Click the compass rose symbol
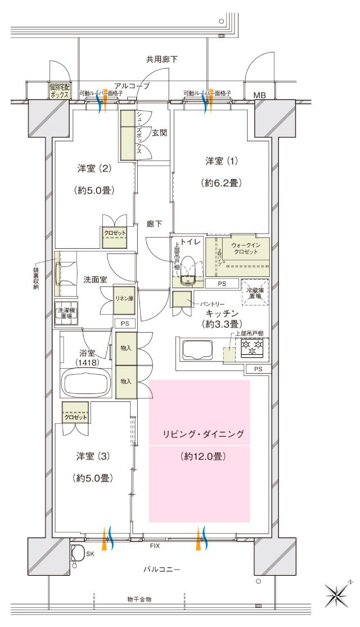[340, 593]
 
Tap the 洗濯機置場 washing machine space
[66, 311]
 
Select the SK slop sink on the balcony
[78, 553]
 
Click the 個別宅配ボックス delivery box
[58, 91]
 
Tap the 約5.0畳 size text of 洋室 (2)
[94, 190]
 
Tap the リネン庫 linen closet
[123, 298]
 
